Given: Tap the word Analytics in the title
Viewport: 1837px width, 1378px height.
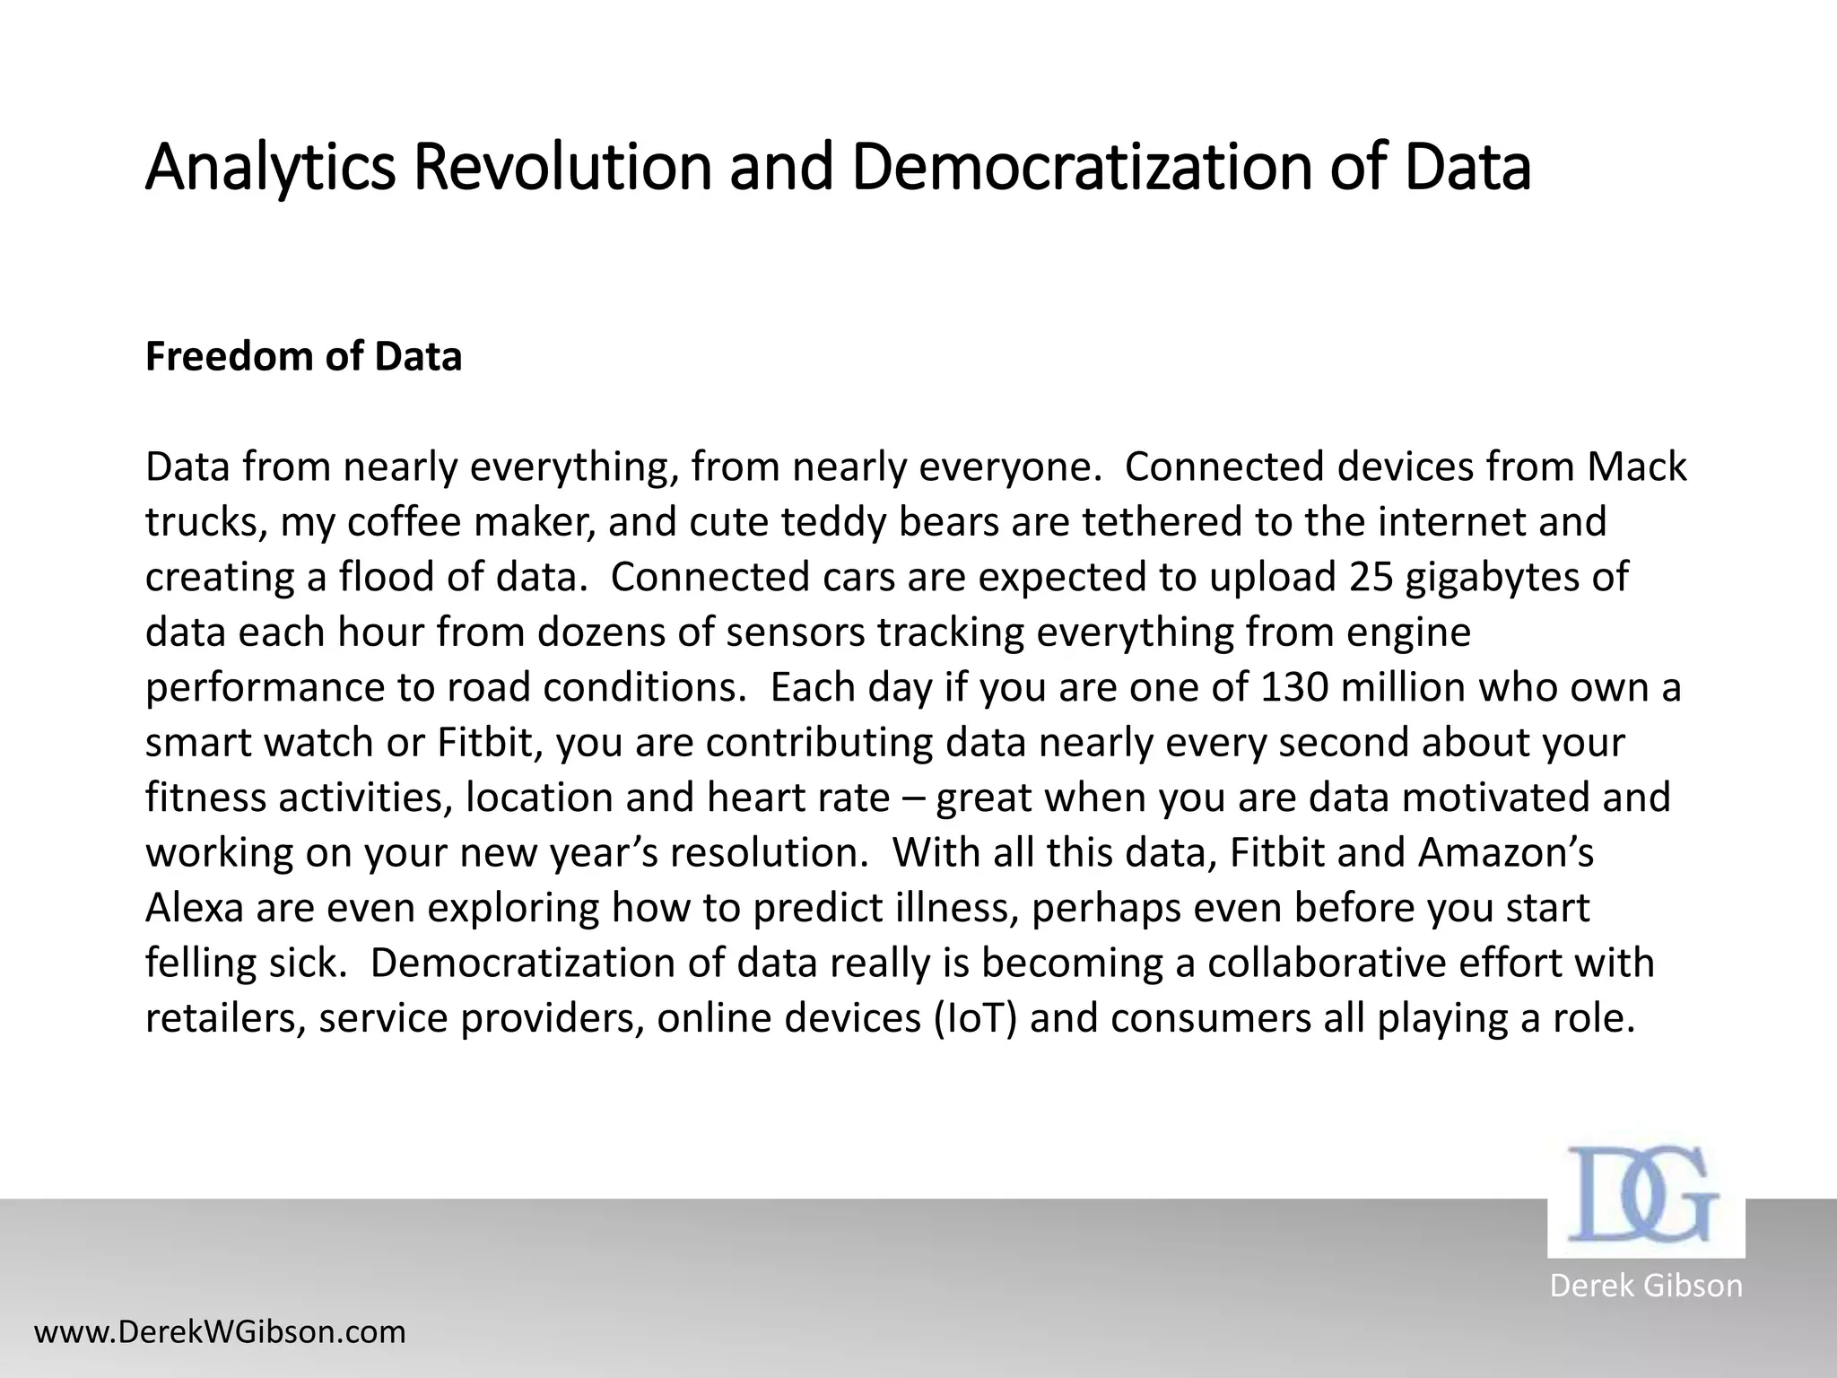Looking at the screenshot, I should [269, 167].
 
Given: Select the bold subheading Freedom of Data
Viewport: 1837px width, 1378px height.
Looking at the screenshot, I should [303, 356].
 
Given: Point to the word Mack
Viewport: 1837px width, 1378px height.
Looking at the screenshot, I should [1637, 467].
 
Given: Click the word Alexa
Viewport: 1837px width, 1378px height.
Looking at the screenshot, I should [195, 908].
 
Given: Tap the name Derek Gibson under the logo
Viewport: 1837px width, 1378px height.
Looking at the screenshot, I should [1646, 1286].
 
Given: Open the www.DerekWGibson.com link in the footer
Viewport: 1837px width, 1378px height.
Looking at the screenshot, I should [220, 1332].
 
